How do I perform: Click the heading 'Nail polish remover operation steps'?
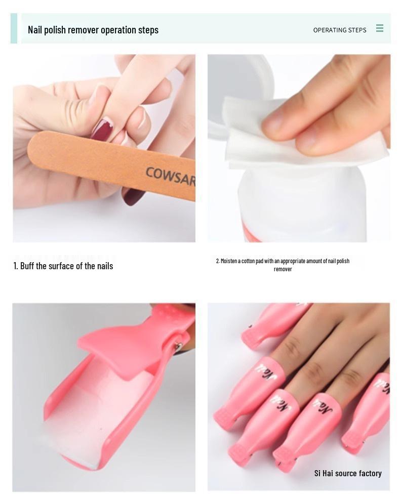(93, 30)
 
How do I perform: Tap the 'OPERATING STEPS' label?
(339, 30)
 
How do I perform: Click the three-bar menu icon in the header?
(380, 28)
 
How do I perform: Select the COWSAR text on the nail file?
(170, 176)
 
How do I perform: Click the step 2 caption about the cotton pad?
(283, 265)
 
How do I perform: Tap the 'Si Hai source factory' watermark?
(348, 474)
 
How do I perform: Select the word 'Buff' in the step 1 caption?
(27, 266)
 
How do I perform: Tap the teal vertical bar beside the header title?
(14, 28)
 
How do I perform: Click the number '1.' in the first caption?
(16, 266)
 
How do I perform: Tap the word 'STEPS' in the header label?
(356, 30)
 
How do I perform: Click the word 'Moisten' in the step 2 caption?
(231, 261)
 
